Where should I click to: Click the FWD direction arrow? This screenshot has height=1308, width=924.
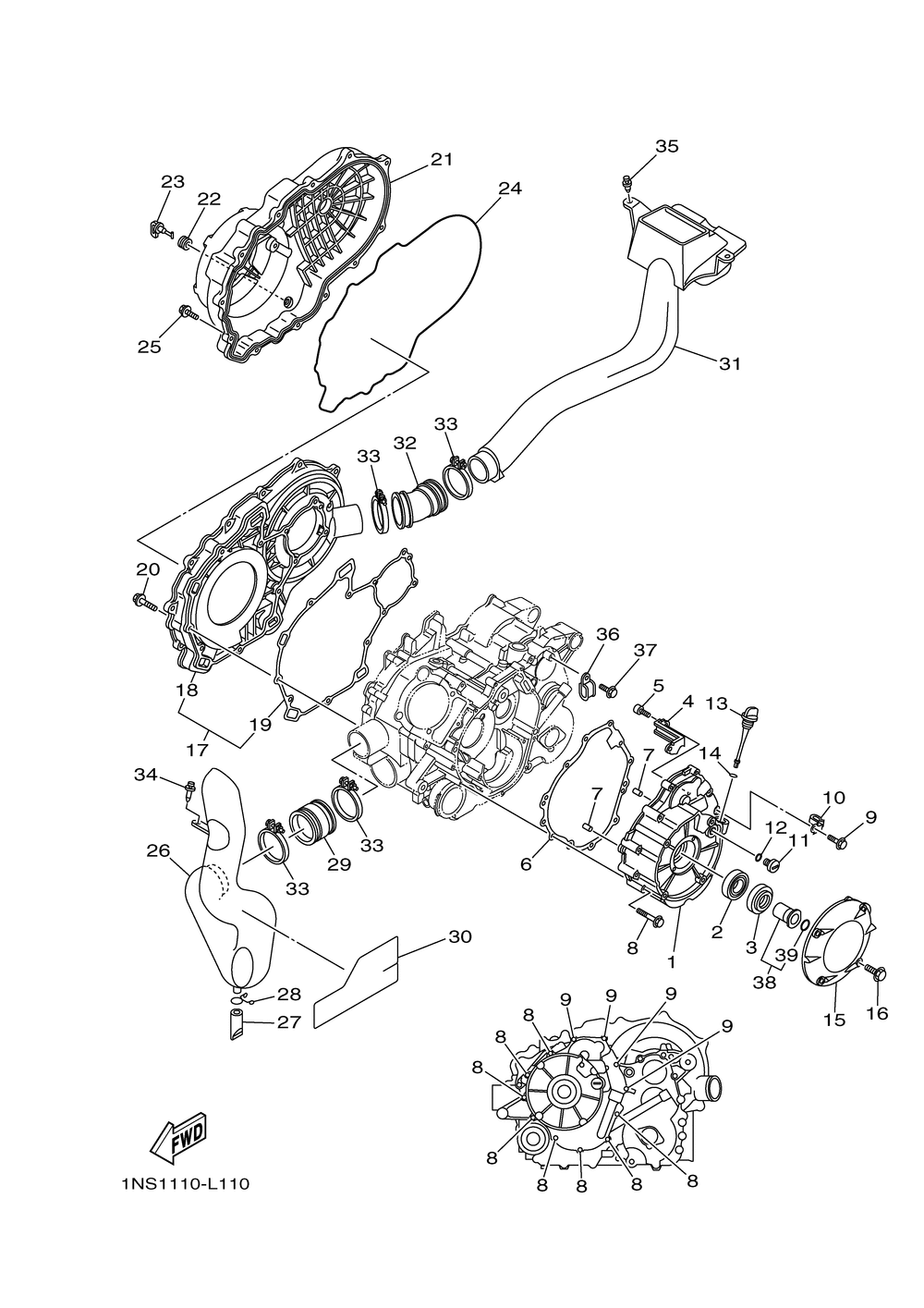tap(178, 1139)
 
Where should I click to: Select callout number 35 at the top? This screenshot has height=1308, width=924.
tap(666, 146)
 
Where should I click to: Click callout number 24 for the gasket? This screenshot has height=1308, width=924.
tap(510, 189)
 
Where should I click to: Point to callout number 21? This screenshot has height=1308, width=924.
tap(442, 159)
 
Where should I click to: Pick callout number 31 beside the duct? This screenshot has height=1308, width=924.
tap(730, 363)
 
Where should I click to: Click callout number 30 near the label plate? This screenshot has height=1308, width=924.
tap(459, 937)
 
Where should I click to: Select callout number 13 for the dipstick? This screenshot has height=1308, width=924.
tap(716, 704)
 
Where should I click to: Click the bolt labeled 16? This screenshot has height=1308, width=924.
tap(876, 972)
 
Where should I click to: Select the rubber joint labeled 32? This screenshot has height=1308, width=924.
tap(420, 499)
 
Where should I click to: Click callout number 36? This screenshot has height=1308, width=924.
tap(606, 634)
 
